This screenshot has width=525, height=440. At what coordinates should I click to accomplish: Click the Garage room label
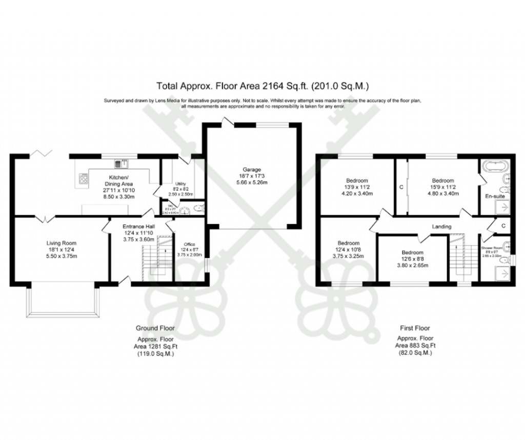click(x=252, y=170)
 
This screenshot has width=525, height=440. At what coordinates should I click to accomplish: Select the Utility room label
click(x=180, y=184)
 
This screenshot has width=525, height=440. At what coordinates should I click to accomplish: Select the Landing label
click(x=441, y=226)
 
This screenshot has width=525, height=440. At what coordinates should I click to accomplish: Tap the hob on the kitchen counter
click(x=83, y=178)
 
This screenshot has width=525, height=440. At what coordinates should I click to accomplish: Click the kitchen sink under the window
click(x=123, y=163)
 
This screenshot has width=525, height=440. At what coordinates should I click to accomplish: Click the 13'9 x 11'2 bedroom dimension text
click(x=356, y=187)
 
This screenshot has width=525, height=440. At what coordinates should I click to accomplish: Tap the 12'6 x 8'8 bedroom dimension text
click(x=413, y=259)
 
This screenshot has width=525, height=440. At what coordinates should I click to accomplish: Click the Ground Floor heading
click(x=155, y=328)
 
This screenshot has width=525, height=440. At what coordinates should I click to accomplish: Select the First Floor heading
click(x=415, y=328)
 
